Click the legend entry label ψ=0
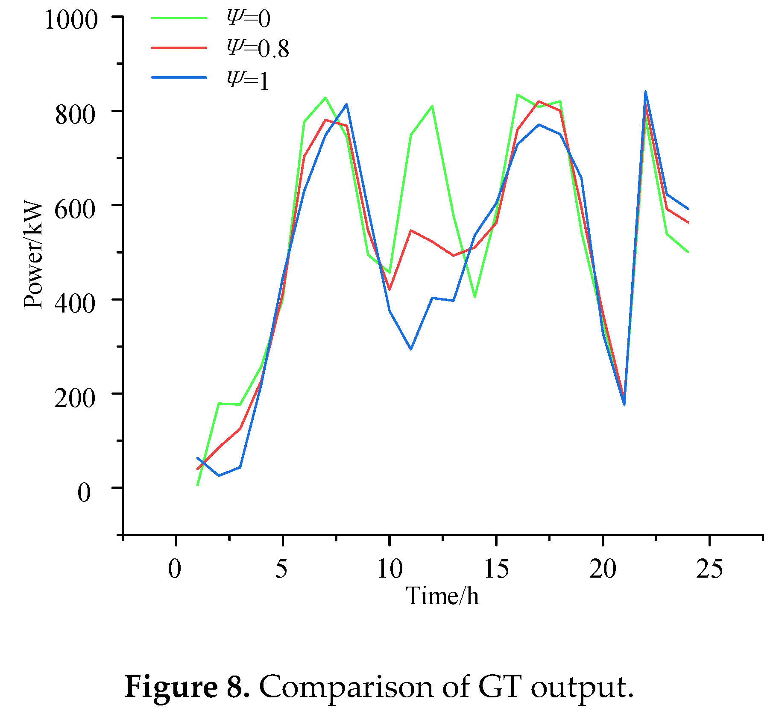coord(249,19)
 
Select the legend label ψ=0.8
coord(258,48)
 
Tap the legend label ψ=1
coord(248,80)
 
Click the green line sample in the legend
coord(179,18)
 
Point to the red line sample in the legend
coord(179,47)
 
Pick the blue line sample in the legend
coord(179,77)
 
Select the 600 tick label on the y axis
coord(74,209)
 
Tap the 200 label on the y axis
coord(74,398)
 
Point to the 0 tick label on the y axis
coord(84,492)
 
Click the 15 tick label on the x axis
coord(496,569)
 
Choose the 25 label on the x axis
coord(709,569)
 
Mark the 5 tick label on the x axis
coord(281,569)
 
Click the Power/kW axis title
coord(33,255)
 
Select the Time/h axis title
coord(442,596)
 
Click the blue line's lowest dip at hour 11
coord(411,349)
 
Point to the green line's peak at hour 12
coord(432,106)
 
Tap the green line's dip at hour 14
coord(475,297)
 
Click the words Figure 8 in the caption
coord(187,687)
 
